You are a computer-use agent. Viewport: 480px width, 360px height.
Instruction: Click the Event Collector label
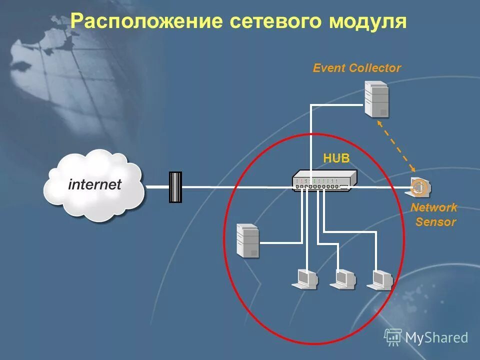click(356, 68)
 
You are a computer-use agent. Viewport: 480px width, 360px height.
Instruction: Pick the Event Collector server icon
click(376, 99)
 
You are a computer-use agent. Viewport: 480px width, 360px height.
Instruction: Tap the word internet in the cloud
click(94, 184)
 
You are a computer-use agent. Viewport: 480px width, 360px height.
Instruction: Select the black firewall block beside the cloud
click(175, 187)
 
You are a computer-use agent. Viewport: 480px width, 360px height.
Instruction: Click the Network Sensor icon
click(419, 187)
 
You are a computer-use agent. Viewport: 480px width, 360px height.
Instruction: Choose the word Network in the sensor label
click(434, 207)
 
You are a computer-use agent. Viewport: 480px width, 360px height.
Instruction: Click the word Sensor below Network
click(435, 222)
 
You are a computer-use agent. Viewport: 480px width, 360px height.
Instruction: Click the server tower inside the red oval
click(248, 240)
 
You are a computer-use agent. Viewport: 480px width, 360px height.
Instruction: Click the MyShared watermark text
click(436, 337)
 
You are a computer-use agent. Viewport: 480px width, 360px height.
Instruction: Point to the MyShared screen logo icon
click(393, 337)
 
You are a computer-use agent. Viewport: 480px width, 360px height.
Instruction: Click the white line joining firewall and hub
click(235, 187)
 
